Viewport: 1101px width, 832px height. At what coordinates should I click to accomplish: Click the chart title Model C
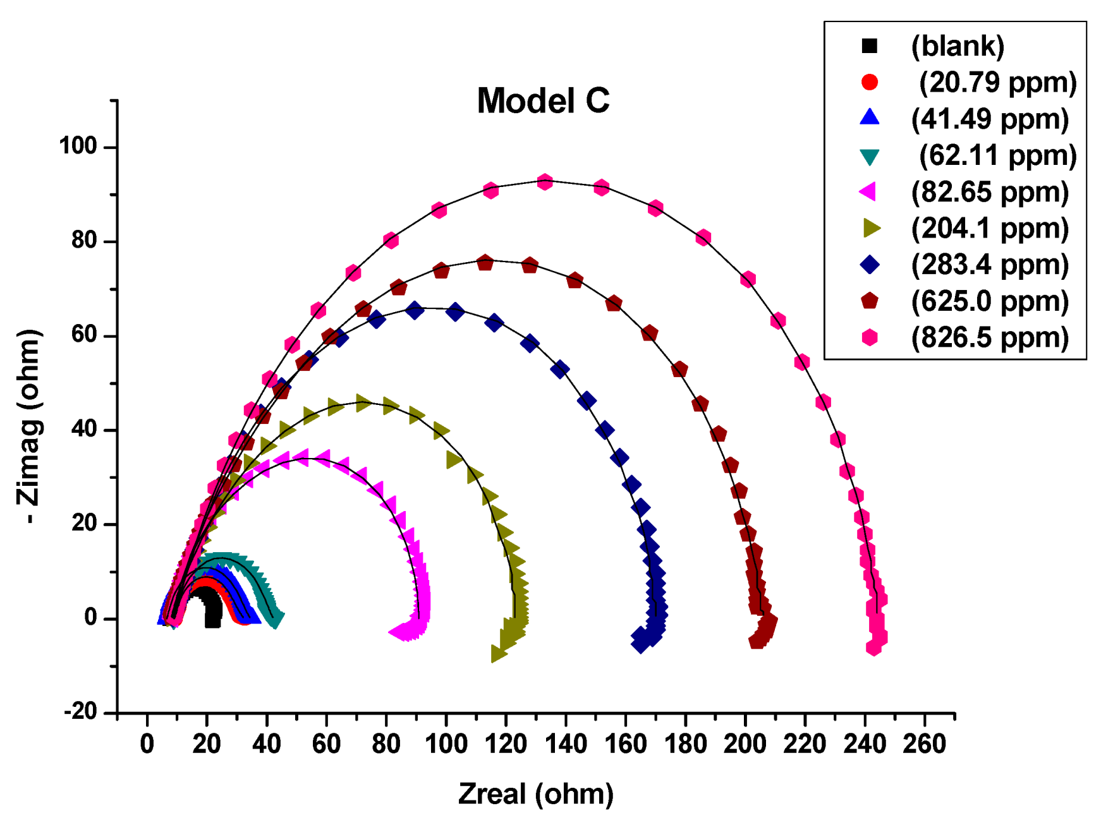coord(543,101)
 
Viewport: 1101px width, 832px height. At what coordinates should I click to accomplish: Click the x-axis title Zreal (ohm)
coord(535,794)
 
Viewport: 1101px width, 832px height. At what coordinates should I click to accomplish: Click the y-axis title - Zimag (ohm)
coord(29,426)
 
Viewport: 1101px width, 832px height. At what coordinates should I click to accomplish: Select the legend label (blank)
coord(958,46)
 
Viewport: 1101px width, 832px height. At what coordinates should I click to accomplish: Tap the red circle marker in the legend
coord(870,82)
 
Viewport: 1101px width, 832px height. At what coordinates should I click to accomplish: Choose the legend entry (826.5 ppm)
coord(990,337)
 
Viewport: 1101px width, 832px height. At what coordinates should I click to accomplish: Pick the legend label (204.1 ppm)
coord(990,228)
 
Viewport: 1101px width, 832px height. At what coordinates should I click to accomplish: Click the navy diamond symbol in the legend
coord(870,265)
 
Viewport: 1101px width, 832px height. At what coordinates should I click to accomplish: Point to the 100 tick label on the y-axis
coord(78,147)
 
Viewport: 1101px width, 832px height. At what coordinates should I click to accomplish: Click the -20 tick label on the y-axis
coord(80,712)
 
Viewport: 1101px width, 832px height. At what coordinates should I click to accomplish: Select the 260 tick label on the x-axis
coord(924,744)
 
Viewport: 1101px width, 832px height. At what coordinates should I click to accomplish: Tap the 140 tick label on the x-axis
coord(566,744)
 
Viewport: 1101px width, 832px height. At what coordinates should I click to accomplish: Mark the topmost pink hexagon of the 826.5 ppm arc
coord(545,182)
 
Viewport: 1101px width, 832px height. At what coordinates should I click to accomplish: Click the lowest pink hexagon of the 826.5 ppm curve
coord(873,648)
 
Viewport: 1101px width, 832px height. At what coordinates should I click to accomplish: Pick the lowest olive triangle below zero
coord(499,654)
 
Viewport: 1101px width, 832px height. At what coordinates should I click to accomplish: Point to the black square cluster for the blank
coord(212,611)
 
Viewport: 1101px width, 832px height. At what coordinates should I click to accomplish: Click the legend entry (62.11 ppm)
coord(997,155)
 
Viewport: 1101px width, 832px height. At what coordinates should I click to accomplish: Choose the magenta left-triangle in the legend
coord(869,191)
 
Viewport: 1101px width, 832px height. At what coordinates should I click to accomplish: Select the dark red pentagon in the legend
coord(870,301)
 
